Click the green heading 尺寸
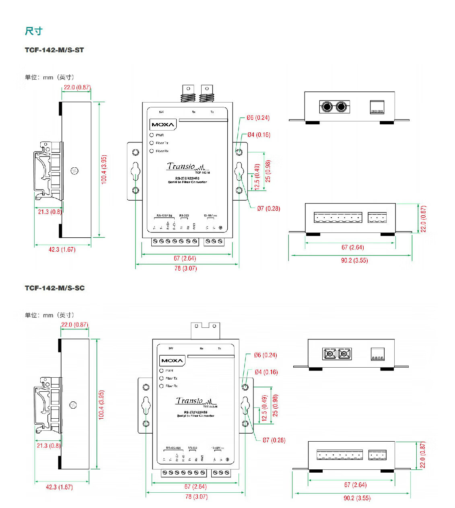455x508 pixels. tap(33, 31)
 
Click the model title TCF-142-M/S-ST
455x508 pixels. tap(54, 50)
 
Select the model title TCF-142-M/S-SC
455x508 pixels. tap(55, 288)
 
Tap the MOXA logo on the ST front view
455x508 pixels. tap(163, 125)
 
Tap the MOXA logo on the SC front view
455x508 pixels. tap(172, 360)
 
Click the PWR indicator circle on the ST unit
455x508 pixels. tap(152, 135)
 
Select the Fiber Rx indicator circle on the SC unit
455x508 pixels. tap(161, 386)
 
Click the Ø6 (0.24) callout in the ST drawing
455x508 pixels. tap(258, 118)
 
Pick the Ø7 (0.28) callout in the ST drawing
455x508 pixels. tap(268, 208)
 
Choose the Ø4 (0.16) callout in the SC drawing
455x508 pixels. tap(266, 372)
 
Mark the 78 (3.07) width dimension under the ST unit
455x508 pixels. tap(185, 268)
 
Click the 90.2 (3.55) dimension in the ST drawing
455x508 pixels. tap(354, 260)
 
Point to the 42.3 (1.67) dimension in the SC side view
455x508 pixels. tap(59, 487)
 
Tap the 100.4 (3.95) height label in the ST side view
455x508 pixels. tap(104, 170)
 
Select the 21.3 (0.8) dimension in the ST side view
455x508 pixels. tap(49, 212)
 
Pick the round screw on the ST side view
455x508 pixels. tap(74, 171)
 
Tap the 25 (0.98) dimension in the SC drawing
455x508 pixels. tap(275, 405)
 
